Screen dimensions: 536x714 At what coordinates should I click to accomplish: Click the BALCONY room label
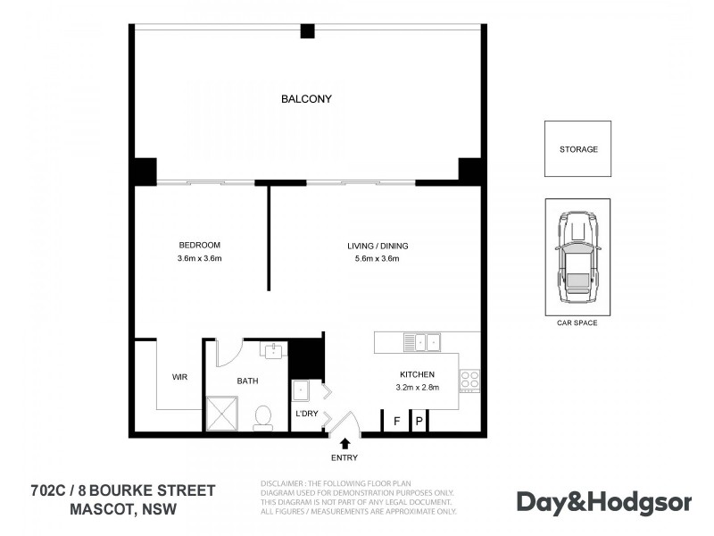[306, 99]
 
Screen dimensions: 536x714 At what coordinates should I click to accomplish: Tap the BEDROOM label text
[199, 245]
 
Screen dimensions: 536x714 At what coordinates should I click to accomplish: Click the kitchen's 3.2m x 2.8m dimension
[416, 388]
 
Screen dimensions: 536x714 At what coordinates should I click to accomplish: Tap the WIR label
[179, 377]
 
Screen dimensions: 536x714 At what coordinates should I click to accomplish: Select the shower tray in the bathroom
[224, 414]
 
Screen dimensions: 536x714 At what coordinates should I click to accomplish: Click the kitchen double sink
[420, 341]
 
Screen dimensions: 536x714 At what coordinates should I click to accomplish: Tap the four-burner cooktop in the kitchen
[469, 381]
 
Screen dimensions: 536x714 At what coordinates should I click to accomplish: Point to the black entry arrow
[345, 442]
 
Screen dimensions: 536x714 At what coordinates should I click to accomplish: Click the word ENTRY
[345, 458]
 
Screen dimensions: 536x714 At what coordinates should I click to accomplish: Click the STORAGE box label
[578, 149]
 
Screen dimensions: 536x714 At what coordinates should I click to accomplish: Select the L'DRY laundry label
[307, 413]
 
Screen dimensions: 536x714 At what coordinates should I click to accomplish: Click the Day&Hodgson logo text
[604, 502]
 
